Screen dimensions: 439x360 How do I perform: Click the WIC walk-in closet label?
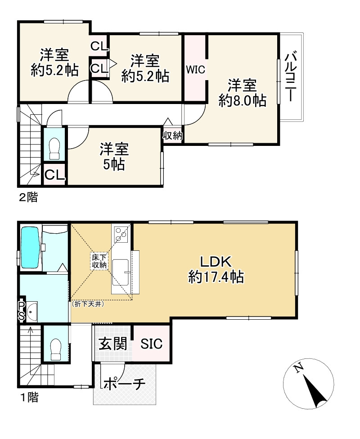point(196,70)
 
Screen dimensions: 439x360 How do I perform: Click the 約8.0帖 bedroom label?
point(242,93)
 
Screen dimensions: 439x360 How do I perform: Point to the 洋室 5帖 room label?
point(114,156)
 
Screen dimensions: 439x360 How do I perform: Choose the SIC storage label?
point(151,344)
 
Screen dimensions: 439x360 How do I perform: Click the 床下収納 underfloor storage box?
point(99,261)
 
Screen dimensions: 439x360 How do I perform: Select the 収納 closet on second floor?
point(172,135)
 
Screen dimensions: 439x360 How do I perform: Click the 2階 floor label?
point(28,197)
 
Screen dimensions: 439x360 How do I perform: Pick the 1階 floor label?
point(28,397)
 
